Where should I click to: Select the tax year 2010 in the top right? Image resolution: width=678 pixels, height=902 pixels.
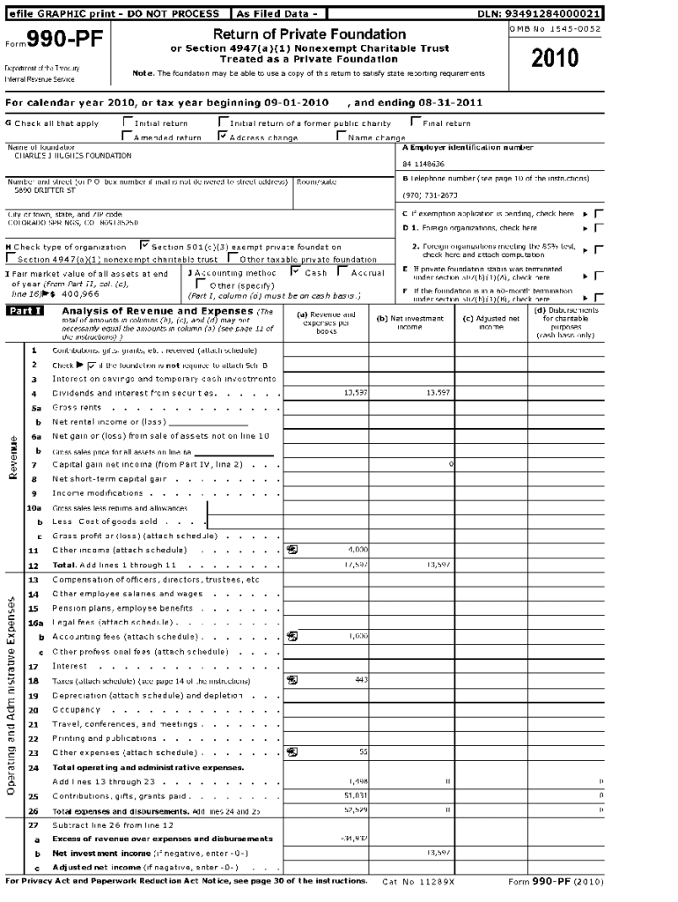(556, 58)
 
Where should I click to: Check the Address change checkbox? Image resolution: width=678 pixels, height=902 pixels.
(222, 137)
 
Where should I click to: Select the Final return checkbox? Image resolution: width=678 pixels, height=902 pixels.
(416, 123)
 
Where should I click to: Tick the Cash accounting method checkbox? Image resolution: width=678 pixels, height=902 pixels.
(296, 273)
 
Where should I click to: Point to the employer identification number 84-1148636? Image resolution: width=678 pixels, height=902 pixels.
(424, 164)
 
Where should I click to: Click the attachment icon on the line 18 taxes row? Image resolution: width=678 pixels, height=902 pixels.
(292, 680)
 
